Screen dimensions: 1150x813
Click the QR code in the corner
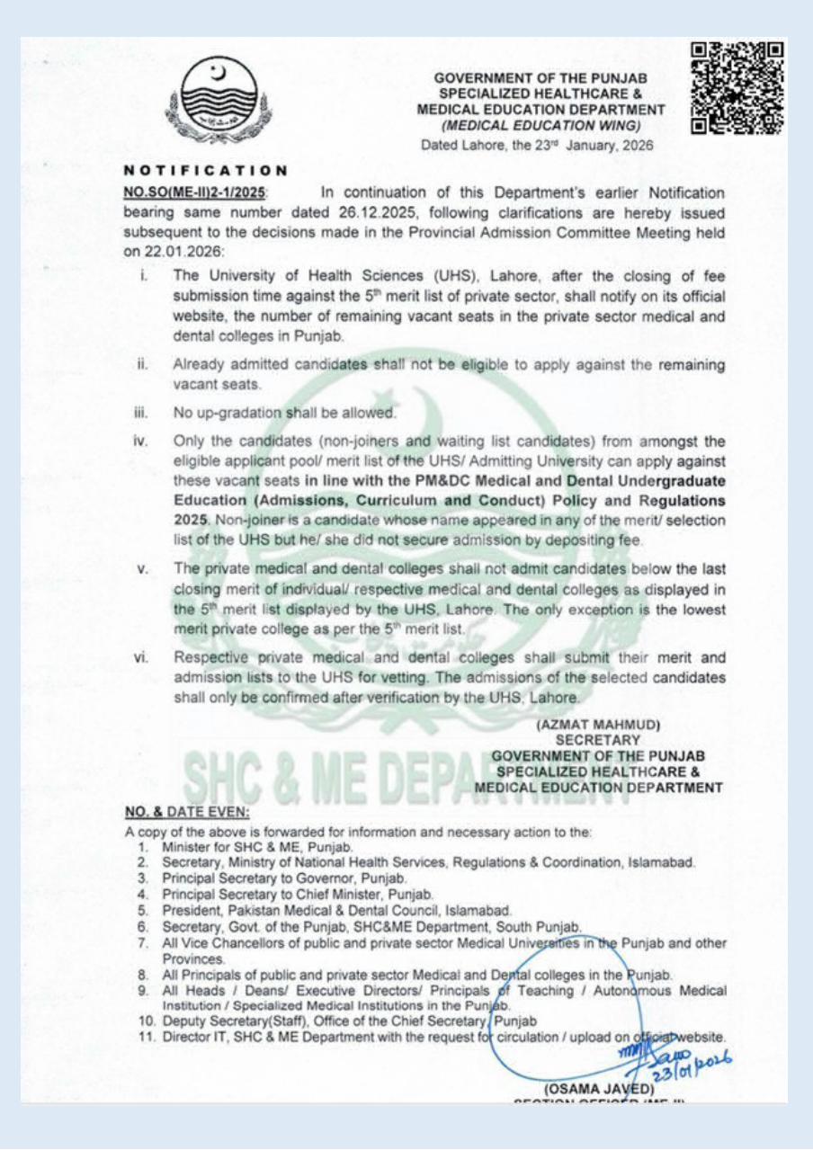[x=737, y=87]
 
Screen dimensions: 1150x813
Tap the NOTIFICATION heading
[x=205, y=169]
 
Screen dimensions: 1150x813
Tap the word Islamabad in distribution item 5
[x=481, y=910]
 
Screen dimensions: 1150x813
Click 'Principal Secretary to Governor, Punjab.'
[x=286, y=878]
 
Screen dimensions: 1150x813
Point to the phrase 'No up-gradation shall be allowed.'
[x=285, y=413]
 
